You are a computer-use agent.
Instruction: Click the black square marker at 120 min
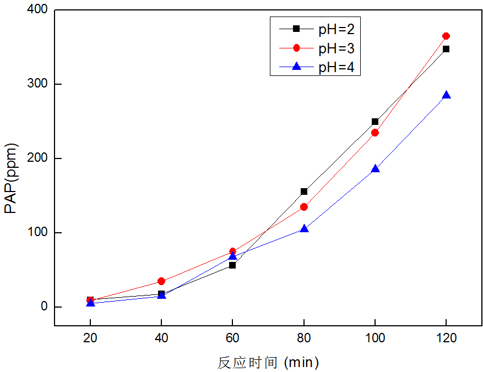point(446,49)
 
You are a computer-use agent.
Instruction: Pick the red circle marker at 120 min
point(446,36)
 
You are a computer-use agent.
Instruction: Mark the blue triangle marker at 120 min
point(446,95)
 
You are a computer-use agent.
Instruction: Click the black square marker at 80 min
point(304,192)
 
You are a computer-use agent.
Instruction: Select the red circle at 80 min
point(304,207)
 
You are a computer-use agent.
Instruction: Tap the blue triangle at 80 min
point(304,228)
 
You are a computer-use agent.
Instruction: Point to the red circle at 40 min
point(161,281)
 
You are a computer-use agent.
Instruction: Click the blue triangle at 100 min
point(375,169)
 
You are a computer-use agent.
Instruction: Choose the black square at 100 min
point(375,122)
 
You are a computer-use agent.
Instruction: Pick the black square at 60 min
point(232,265)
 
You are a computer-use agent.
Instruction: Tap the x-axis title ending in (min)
point(268,363)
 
